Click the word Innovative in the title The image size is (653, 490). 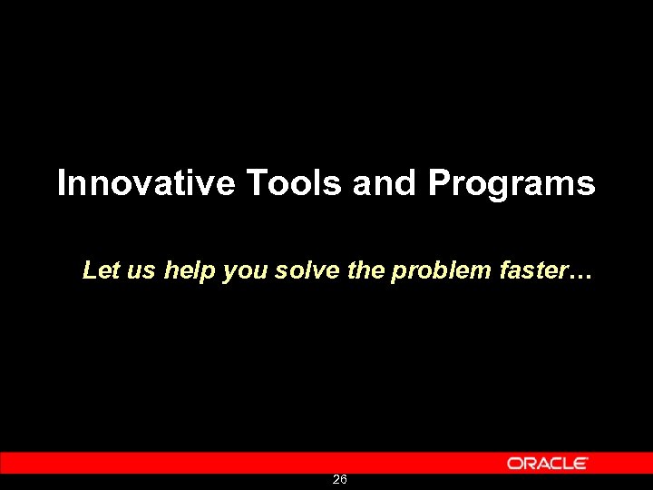[x=145, y=183]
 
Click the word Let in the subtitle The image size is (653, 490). [x=97, y=269]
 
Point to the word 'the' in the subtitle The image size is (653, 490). [x=365, y=270]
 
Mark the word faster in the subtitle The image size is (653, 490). [x=531, y=270]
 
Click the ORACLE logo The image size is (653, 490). [x=548, y=463]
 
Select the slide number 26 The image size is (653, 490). [x=339, y=479]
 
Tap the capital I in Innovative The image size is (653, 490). [x=61, y=183]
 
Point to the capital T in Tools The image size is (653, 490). [x=255, y=183]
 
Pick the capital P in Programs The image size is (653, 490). [x=439, y=183]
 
